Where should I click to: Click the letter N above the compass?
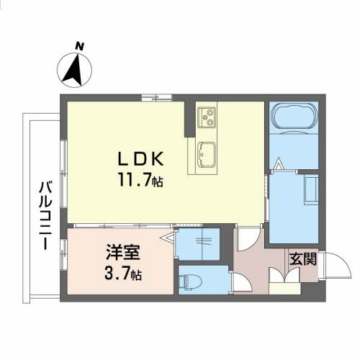coord(79,46)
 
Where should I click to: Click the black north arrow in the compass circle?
coord(73,70)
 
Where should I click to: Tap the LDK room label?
coord(141,159)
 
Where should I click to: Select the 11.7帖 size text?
coord(140,180)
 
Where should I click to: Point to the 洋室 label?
coord(123,253)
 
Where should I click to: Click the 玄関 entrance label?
coord(303,258)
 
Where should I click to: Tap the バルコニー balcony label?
coord(45,215)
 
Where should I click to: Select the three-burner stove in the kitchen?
coord(207,117)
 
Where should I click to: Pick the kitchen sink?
coord(206,154)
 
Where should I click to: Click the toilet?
coord(191,282)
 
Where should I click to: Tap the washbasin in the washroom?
coord(312,189)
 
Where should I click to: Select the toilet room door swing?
coord(243,283)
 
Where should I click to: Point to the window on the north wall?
coord(156,97)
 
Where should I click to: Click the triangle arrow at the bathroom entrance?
coord(278,163)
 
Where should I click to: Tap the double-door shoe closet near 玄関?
coord(284,275)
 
